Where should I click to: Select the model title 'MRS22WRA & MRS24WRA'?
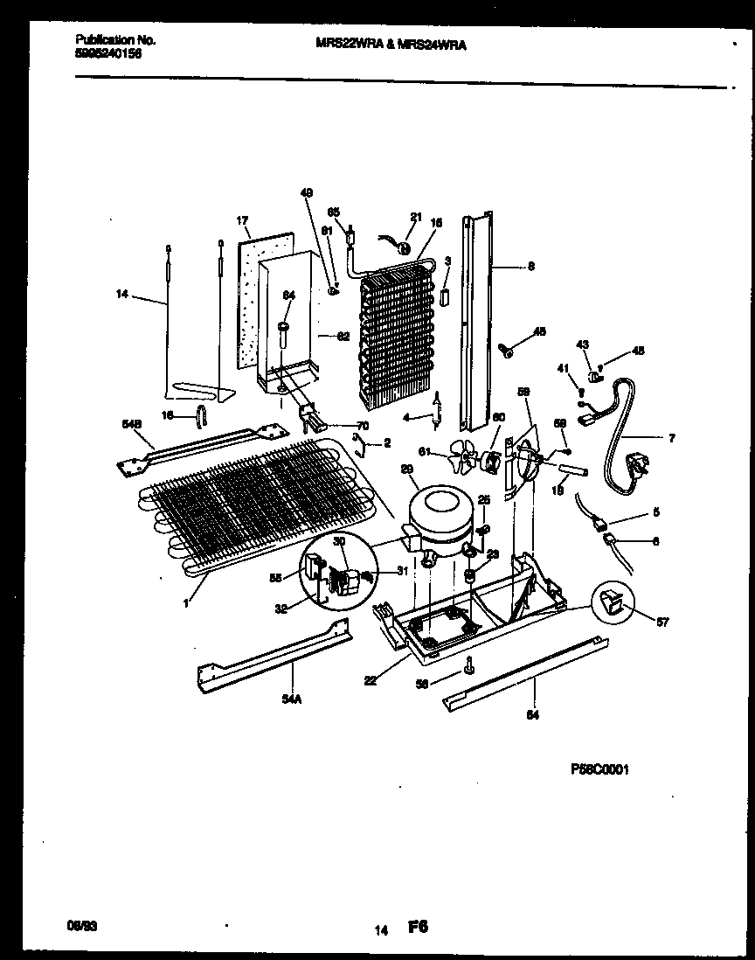point(390,46)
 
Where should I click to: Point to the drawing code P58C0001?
point(599,769)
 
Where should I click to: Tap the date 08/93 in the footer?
point(80,924)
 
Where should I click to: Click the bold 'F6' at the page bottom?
point(418,926)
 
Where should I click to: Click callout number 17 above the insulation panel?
point(243,221)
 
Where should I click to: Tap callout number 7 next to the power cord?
point(671,437)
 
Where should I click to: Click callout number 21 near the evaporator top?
point(416,217)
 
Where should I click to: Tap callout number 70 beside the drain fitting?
point(363,426)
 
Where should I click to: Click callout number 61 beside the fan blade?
point(423,452)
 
